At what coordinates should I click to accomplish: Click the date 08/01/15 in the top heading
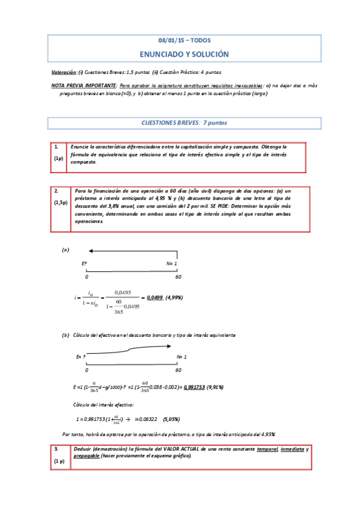point(171,41)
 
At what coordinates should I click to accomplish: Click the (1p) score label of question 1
point(59,158)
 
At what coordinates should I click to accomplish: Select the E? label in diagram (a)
point(84,263)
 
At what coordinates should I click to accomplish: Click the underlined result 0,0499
point(154,297)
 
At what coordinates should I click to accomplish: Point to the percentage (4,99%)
point(174,297)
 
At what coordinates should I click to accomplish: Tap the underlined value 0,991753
point(195,387)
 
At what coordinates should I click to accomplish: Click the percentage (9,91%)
point(215,387)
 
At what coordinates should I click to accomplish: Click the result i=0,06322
point(146,419)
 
